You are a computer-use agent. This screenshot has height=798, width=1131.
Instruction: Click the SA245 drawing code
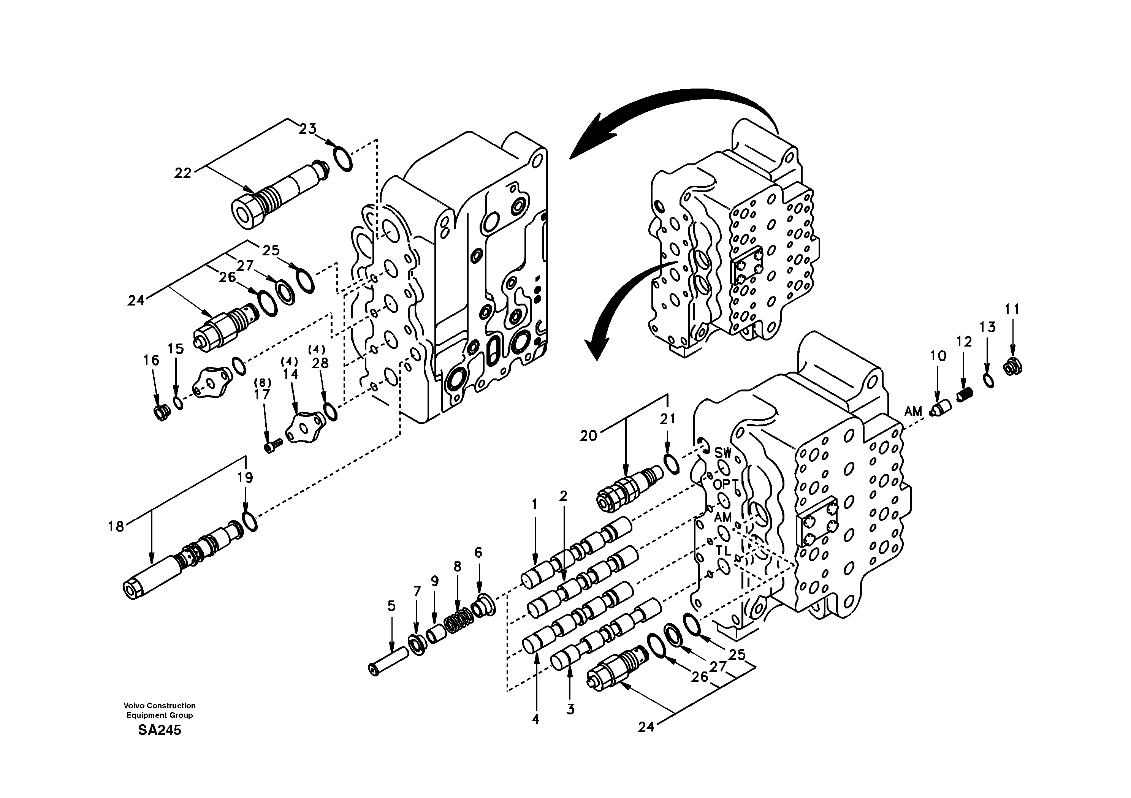(159, 730)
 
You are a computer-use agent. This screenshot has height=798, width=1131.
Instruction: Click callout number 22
(182, 173)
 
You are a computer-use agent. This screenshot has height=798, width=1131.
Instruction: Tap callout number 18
(116, 527)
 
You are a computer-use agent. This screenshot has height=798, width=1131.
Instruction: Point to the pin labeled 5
(388, 662)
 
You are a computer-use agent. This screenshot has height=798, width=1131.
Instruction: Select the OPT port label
(725, 485)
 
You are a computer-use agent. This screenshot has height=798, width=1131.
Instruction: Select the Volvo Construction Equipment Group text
(159, 710)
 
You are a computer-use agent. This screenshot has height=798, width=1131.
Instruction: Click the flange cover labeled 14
(304, 427)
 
